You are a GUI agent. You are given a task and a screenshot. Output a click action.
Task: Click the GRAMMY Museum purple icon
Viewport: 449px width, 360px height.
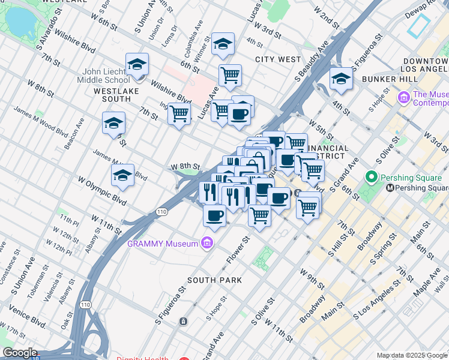pos(207,243)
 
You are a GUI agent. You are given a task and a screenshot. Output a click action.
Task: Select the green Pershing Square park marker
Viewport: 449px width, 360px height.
pos(372,177)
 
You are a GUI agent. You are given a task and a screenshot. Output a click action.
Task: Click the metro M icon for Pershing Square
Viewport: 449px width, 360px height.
pos(390,188)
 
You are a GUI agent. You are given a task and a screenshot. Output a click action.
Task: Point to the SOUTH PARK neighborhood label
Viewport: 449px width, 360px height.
pos(214,280)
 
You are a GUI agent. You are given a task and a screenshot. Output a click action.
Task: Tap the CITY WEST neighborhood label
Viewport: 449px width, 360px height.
pos(278,59)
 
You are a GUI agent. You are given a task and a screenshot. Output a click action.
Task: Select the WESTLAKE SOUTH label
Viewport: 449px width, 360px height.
pos(116,91)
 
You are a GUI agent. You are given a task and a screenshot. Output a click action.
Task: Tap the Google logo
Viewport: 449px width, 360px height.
pos(20,353)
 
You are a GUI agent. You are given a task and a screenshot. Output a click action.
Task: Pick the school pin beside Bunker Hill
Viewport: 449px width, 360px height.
pos(341,79)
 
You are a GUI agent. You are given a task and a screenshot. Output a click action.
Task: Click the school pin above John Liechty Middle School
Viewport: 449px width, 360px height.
pos(137,64)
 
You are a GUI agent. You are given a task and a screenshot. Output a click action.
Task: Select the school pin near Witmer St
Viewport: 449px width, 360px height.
pos(223,44)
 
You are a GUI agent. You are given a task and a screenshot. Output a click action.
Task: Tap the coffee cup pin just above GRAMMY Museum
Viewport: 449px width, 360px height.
pos(214,215)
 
